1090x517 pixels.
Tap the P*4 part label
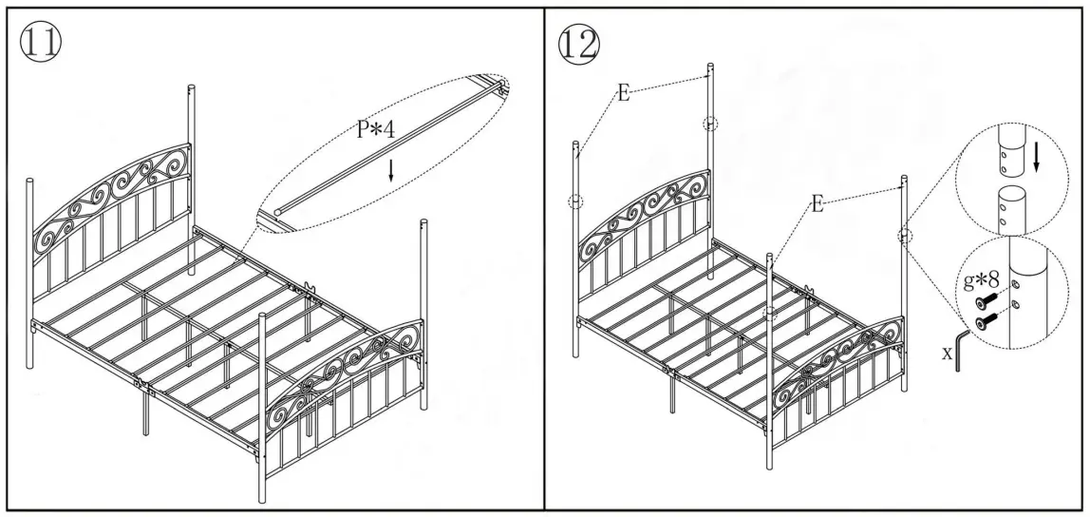click(377, 132)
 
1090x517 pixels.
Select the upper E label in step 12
click(623, 93)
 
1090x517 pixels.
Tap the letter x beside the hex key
click(946, 352)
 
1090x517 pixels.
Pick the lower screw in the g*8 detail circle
click(987, 321)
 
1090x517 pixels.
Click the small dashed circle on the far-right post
click(904, 235)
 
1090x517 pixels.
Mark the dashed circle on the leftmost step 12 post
click(575, 201)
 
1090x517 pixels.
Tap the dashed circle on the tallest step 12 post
click(710, 123)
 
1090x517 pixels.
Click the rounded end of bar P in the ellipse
click(278, 208)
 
